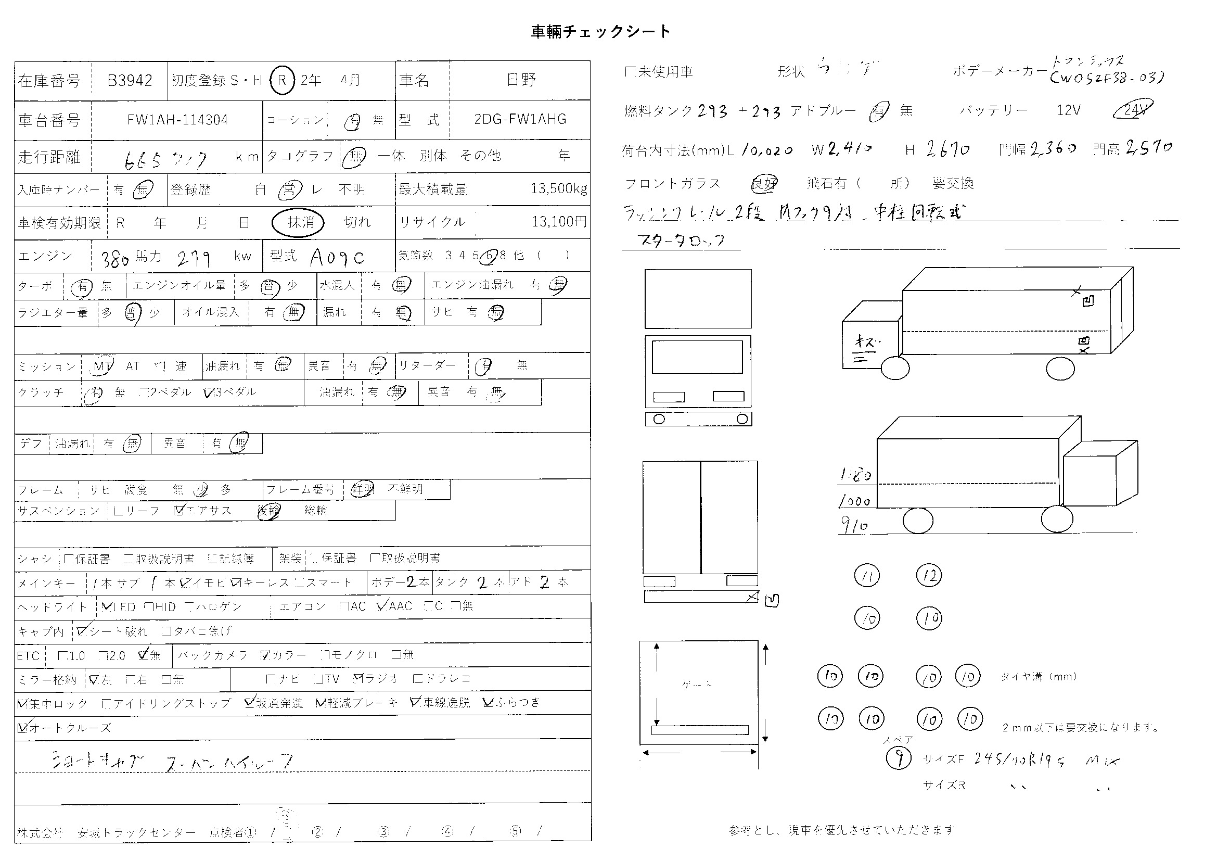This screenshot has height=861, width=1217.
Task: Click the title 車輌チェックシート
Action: pyautogui.click(x=600, y=32)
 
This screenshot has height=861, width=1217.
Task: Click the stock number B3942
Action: pyautogui.click(x=130, y=80)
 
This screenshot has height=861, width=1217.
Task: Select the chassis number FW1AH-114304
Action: pyautogui.click(x=177, y=120)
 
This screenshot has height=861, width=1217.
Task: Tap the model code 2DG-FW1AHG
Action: pyautogui.click(x=520, y=119)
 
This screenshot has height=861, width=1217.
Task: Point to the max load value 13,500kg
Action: pyautogui.click(x=559, y=188)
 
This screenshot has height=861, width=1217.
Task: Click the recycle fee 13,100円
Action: pyautogui.click(x=559, y=221)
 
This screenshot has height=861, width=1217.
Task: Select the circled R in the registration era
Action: pyautogui.click(x=282, y=80)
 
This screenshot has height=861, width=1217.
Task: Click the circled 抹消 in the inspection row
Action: pyautogui.click(x=298, y=222)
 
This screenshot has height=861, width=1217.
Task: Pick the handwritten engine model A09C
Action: pyautogui.click(x=338, y=258)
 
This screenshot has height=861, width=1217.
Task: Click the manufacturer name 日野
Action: pyautogui.click(x=521, y=80)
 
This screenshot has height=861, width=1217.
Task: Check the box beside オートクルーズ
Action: pyautogui.click(x=22, y=727)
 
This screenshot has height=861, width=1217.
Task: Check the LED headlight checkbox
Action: pyautogui.click(x=106, y=606)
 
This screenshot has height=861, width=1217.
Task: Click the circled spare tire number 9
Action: pyautogui.click(x=899, y=758)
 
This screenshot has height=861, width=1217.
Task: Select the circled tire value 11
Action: pyautogui.click(x=867, y=576)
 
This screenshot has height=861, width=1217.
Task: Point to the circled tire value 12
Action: pyautogui.click(x=929, y=575)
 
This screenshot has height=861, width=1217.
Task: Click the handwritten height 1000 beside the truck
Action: pyautogui.click(x=854, y=501)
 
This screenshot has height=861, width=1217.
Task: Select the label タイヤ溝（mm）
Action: pyautogui.click(x=1039, y=677)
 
